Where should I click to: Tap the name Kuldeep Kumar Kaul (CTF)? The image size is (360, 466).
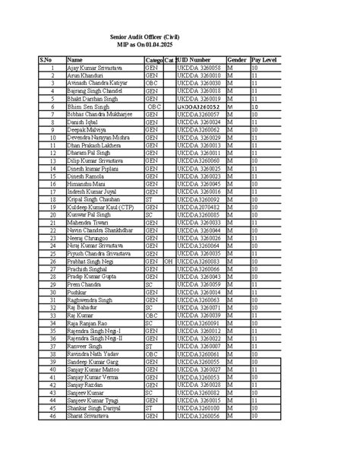click(100, 207)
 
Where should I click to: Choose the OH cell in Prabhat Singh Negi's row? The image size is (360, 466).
click(169, 261)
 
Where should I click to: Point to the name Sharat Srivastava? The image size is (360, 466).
click(90, 416)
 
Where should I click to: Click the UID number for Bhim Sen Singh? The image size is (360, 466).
click(199, 106)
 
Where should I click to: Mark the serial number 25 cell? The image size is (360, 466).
click(52, 253)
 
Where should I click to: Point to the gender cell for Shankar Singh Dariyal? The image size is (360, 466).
click(236, 408)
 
